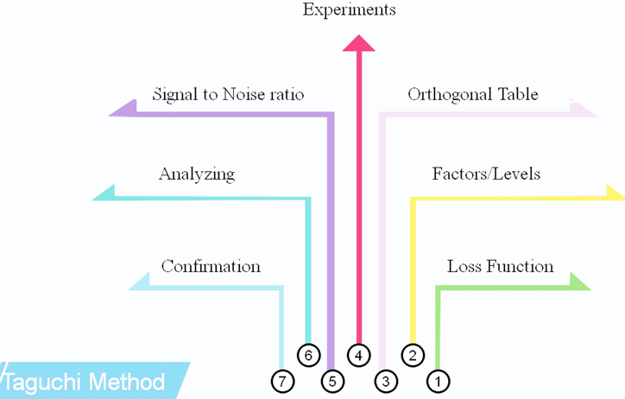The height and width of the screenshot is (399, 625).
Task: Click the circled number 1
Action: (x=438, y=380)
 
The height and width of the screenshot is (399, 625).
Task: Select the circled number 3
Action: (x=386, y=380)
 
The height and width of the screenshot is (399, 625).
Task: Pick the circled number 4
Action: (x=360, y=354)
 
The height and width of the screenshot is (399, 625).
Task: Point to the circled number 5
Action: (x=333, y=380)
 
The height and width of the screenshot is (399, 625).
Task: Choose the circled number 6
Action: (x=308, y=354)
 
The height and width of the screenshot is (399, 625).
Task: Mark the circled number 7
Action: (x=282, y=380)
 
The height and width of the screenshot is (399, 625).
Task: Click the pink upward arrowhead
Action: (x=359, y=42)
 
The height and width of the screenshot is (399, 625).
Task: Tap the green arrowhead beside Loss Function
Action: (x=579, y=282)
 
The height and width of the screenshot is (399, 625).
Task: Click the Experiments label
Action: (x=349, y=10)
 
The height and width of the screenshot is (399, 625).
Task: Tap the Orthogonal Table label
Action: (x=472, y=94)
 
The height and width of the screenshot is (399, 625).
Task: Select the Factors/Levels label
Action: (x=485, y=174)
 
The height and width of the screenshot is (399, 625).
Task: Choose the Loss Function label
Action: (x=500, y=266)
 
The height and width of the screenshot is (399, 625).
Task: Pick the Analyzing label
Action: (x=196, y=174)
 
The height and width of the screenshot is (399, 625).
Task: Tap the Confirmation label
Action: (x=211, y=266)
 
